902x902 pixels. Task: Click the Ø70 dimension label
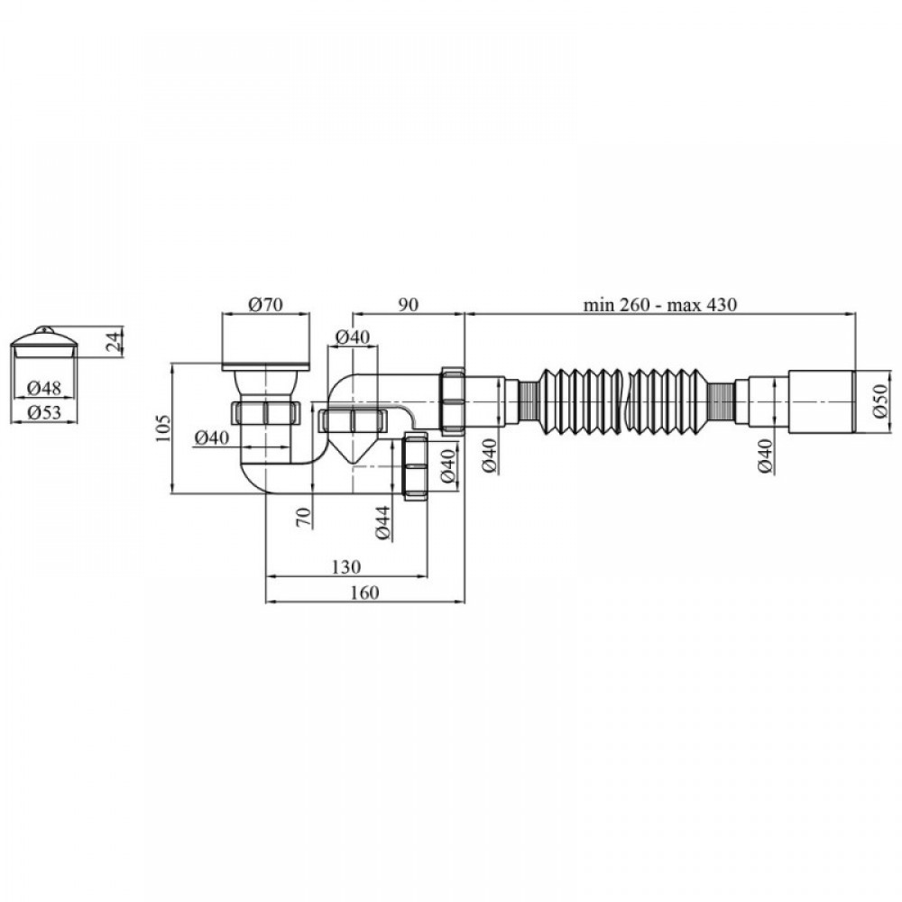266,304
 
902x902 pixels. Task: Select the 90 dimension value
408,304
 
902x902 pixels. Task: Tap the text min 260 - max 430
660,304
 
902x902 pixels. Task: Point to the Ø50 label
880,401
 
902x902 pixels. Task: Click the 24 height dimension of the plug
115,342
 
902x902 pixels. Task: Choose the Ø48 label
43,388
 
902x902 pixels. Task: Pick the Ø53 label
43,412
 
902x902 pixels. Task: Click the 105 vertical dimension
163,428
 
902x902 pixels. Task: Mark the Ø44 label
383,523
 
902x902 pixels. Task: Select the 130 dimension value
346,566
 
